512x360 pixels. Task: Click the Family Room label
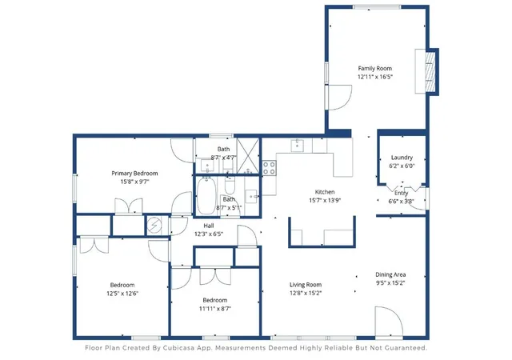(x=374, y=68)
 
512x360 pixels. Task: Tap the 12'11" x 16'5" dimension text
(x=375, y=77)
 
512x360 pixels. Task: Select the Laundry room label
(x=402, y=158)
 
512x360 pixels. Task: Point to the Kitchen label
(x=325, y=192)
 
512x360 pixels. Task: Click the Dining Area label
(x=390, y=274)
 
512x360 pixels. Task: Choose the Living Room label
(x=306, y=285)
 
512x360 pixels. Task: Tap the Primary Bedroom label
(x=134, y=173)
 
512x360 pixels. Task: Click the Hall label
(x=209, y=226)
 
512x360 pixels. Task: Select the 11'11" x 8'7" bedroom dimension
(x=215, y=308)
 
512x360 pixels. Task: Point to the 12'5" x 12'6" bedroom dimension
(x=122, y=294)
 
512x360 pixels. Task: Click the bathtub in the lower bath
(x=206, y=196)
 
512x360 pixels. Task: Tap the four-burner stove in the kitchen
(x=269, y=167)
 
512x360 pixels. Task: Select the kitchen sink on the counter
(x=298, y=146)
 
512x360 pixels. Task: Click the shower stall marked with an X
(x=248, y=156)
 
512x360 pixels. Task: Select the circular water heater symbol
(x=154, y=225)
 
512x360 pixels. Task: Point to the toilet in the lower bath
(x=230, y=186)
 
